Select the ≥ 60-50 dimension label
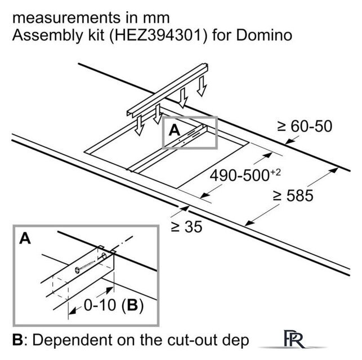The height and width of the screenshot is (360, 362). click(304, 127)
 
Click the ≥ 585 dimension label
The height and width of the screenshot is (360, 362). click(293, 196)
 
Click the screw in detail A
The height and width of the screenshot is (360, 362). click(87, 265)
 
